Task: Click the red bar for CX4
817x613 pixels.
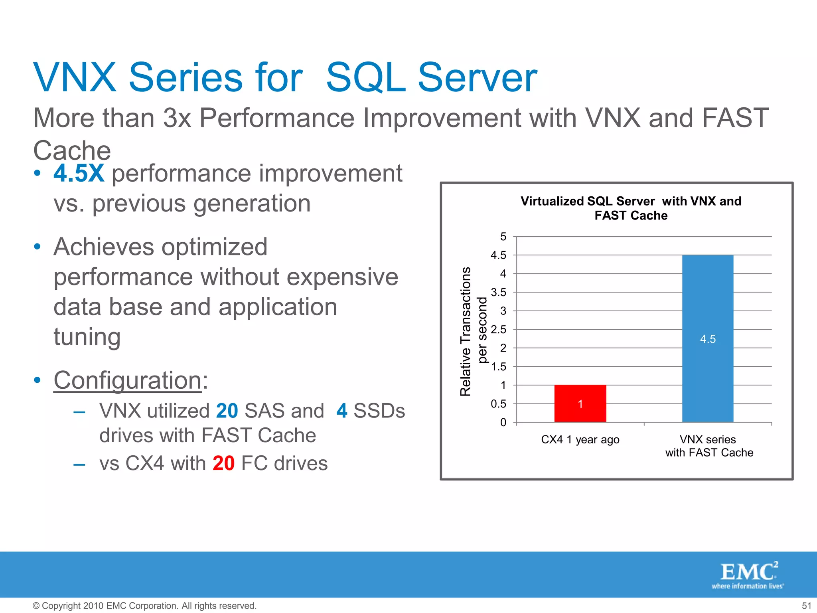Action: click(580, 403)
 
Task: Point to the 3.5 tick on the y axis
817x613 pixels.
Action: click(499, 293)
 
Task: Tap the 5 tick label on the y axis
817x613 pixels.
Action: click(503, 237)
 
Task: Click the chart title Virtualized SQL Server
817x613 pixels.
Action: click(631, 208)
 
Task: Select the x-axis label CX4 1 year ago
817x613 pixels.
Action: click(580, 439)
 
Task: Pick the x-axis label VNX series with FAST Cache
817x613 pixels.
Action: click(708, 446)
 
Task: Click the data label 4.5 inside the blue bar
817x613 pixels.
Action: click(708, 339)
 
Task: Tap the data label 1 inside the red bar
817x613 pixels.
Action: click(580, 404)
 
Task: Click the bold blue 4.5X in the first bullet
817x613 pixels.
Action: click(79, 173)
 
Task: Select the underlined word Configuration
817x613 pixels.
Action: click(128, 380)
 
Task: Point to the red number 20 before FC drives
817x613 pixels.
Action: click(223, 463)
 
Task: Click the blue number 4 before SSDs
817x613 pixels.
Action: click(341, 411)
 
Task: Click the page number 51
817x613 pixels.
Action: click(806, 606)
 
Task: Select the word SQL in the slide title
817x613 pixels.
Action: click(365, 77)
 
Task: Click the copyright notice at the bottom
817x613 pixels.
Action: click(144, 606)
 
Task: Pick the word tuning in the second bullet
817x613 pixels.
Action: click(87, 337)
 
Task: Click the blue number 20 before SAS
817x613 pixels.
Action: click(227, 411)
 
